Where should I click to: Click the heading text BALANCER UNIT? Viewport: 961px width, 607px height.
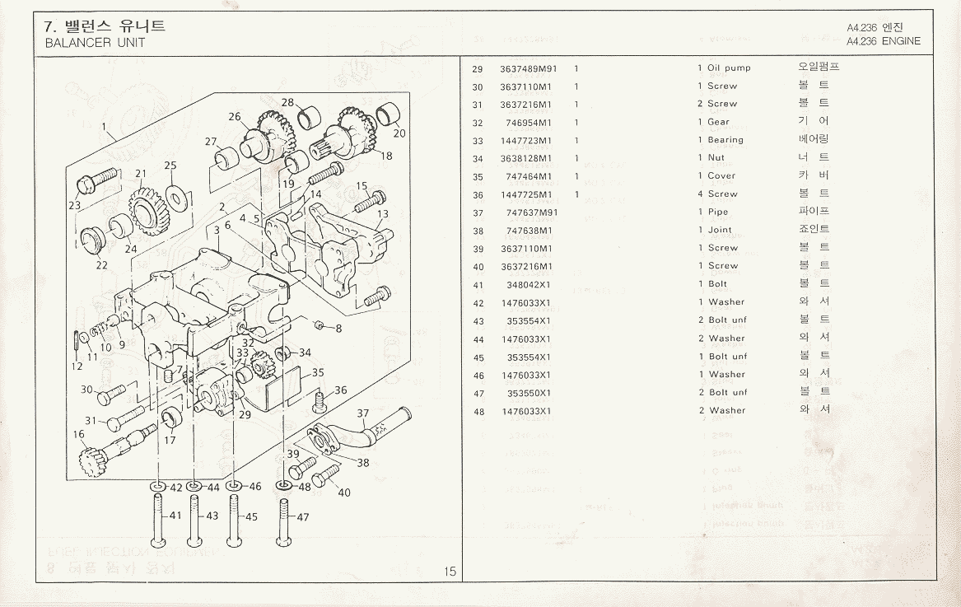pyautogui.click(x=95, y=43)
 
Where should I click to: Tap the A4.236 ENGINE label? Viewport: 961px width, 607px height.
pyautogui.click(x=883, y=41)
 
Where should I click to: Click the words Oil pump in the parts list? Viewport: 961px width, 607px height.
pyautogui.click(x=729, y=68)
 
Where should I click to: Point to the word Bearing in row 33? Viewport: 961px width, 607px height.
pyautogui.click(x=725, y=140)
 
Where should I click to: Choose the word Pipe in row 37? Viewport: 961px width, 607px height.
pyautogui.click(x=718, y=212)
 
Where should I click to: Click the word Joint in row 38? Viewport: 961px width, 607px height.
pyautogui.click(x=720, y=231)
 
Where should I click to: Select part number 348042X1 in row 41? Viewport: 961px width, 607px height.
pyautogui.click(x=529, y=285)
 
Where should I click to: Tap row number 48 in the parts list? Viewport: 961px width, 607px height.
pyautogui.click(x=478, y=411)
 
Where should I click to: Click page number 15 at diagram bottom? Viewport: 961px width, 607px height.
pyautogui.click(x=450, y=572)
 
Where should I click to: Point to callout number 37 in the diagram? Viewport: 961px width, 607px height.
pyautogui.click(x=363, y=413)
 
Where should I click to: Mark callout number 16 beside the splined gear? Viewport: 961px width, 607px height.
pyautogui.click(x=79, y=435)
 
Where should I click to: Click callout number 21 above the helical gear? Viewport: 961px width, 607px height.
pyautogui.click(x=141, y=174)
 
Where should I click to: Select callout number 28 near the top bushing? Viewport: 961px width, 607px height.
pyautogui.click(x=287, y=103)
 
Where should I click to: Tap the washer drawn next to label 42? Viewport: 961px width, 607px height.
pyautogui.click(x=157, y=488)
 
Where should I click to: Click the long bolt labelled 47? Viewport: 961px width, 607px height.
pyautogui.click(x=282, y=523)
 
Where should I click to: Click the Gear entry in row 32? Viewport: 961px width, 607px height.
pyautogui.click(x=718, y=122)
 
